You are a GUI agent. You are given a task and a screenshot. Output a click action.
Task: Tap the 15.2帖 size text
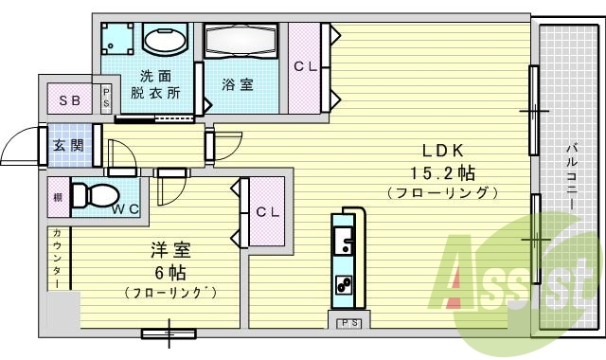pos(441,171)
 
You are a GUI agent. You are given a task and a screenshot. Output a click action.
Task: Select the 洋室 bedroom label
pos(171,251)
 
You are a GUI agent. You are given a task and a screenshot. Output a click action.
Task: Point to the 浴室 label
pos(237,84)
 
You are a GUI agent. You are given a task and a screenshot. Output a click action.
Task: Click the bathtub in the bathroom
pos(241,42)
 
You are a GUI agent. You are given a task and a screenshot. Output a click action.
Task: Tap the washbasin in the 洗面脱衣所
pos(166,42)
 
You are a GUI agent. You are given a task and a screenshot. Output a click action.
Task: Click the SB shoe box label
pos(69,100)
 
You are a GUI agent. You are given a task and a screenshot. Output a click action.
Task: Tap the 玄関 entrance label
pos(68,146)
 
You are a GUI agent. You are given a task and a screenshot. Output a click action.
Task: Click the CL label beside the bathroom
pos(304,66)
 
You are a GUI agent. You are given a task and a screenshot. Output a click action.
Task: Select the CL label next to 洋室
pos(268,212)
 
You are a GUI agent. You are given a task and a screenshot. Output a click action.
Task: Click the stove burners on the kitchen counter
pos(343,282)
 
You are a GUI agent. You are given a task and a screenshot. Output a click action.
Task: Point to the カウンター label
pos(58,258)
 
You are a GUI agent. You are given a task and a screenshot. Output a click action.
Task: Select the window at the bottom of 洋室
pos(169,333)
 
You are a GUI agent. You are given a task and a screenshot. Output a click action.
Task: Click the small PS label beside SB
pos(106,99)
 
